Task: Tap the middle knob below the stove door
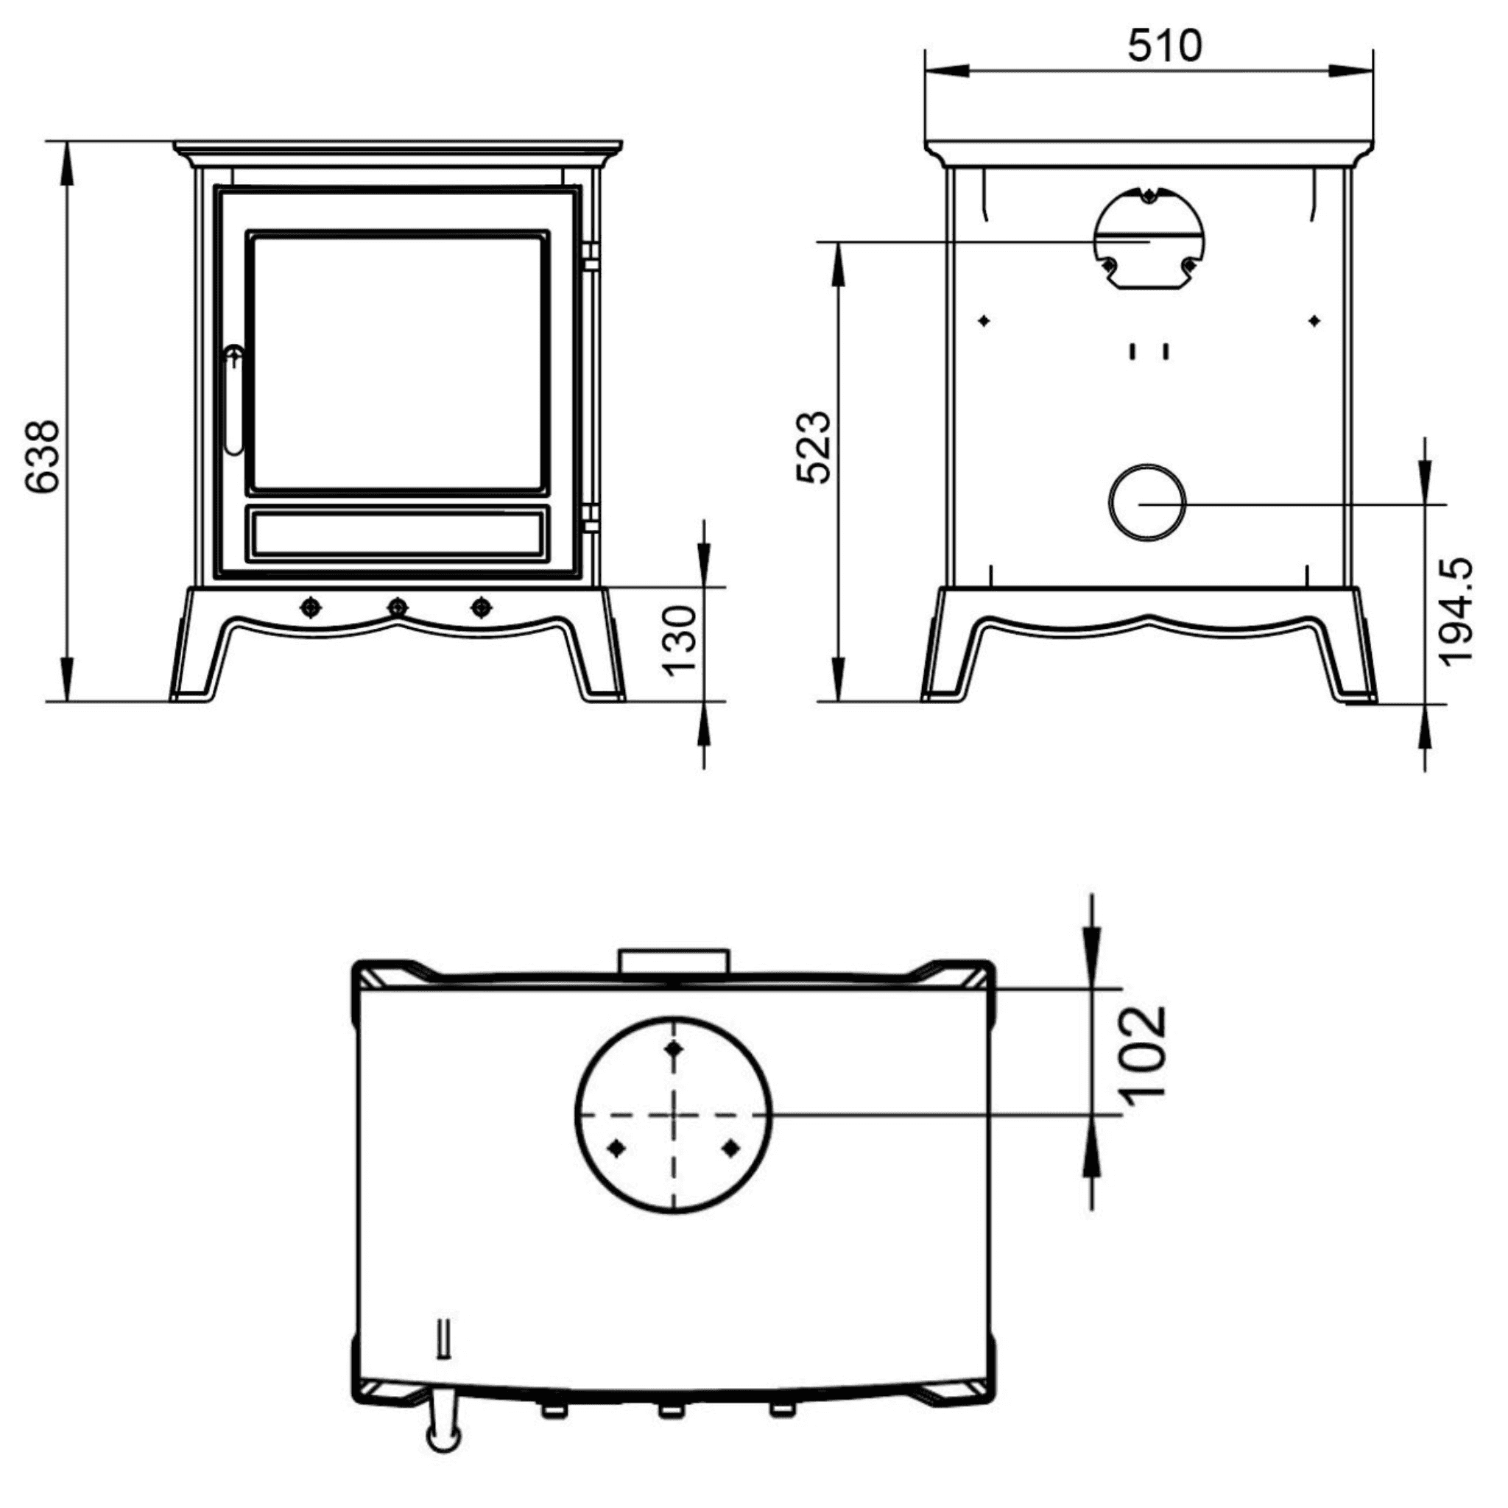pyautogui.click(x=398, y=607)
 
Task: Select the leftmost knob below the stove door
pyautogui.click(x=311, y=607)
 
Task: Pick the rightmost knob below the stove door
pyautogui.click(x=482, y=607)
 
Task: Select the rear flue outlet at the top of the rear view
pyautogui.click(x=1148, y=238)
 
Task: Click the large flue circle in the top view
pyautogui.click(x=674, y=1115)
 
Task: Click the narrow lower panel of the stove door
pyautogui.click(x=398, y=534)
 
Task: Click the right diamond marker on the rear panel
pyautogui.click(x=1314, y=321)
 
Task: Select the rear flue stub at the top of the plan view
pyautogui.click(x=674, y=960)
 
